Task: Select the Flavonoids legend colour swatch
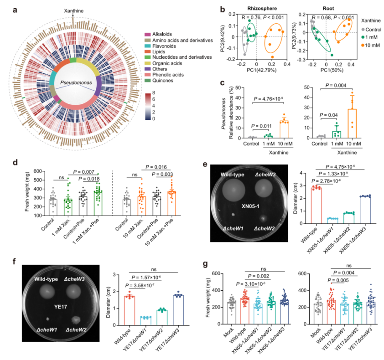pyautogui.click(x=147, y=46)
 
